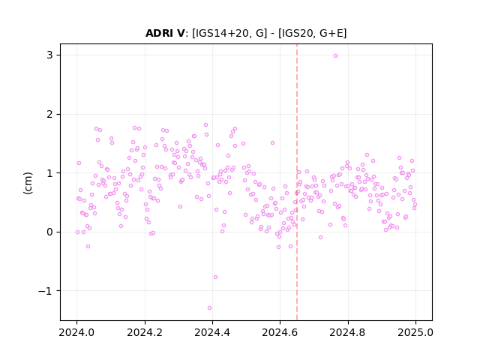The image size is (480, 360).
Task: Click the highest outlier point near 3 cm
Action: (335, 55)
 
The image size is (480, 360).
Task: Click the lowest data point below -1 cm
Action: (209, 307)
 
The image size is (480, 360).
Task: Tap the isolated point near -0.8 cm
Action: (215, 277)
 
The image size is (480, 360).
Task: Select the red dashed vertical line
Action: (297, 182)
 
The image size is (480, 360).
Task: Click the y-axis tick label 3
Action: (49, 55)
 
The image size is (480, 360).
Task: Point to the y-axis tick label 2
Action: (49, 114)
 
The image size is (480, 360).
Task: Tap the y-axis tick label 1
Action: (49, 173)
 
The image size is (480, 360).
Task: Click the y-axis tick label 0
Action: (49, 232)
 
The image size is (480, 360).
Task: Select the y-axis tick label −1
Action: (45, 291)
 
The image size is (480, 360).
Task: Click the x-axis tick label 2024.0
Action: (76, 332)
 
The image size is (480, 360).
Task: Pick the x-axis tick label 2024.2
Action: (145, 332)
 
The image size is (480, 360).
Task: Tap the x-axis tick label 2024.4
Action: (212, 332)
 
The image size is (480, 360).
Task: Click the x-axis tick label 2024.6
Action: (280, 332)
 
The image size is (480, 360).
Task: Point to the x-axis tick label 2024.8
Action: (348, 332)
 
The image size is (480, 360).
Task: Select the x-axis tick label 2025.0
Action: (415, 332)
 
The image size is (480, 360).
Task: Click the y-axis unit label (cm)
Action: (28, 183)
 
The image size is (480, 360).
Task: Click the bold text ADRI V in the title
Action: (165, 33)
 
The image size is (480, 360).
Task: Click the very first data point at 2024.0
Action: (77, 232)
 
